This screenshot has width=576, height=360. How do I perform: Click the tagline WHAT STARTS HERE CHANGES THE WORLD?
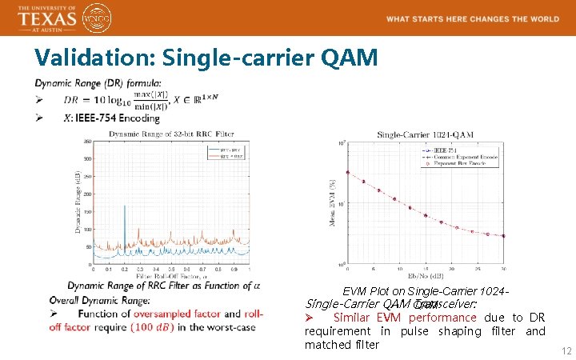(x=472, y=18)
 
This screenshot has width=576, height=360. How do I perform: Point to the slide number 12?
(x=566, y=351)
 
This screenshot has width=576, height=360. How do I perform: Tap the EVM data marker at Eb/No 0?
(x=347, y=172)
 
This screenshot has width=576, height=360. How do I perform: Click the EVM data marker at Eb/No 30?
(x=503, y=235)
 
